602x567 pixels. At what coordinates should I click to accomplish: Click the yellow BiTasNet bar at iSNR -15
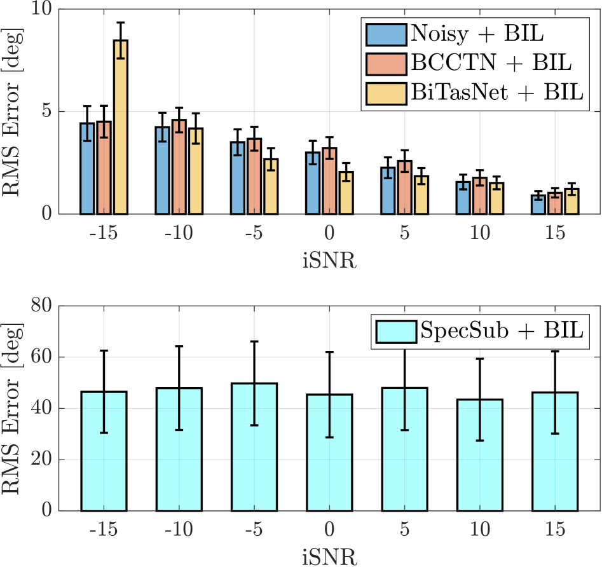(120, 127)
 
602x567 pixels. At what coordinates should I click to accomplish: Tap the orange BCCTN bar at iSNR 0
(329, 181)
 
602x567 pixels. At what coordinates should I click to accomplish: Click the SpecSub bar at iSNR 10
(480, 455)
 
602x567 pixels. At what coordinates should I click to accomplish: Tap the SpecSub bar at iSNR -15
(104, 451)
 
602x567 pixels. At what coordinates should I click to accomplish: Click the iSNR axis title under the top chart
(329, 261)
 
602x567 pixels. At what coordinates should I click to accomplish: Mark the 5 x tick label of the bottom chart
(404, 530)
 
